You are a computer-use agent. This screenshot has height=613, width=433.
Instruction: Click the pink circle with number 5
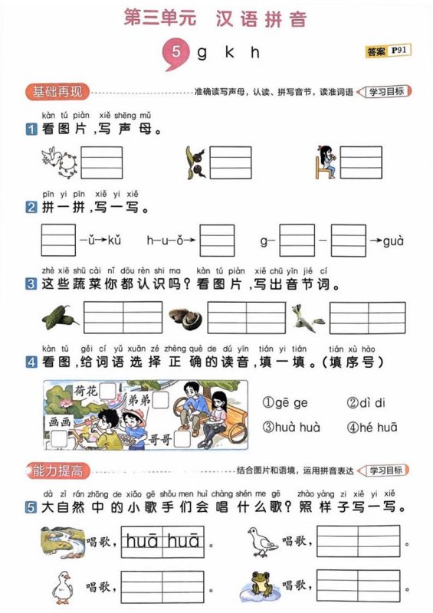tap(176, 53)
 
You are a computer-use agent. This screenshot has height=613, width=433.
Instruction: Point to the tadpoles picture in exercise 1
tap(193, 162)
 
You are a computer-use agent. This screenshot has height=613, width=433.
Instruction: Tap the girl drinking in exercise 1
tap(326, 162)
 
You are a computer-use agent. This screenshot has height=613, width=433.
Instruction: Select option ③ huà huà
tap(292, 428)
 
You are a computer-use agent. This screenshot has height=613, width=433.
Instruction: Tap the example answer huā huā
tap(162, 542)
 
